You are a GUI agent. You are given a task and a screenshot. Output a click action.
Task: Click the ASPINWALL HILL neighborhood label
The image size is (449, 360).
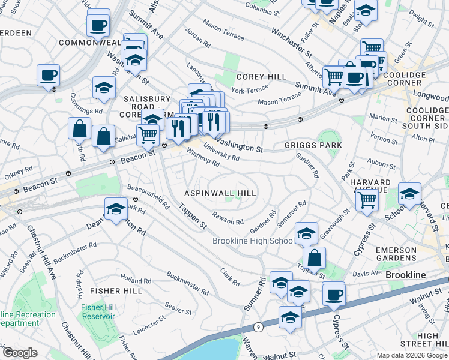tap(220, 193)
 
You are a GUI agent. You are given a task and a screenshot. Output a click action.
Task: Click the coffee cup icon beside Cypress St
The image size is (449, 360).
tap(334, 294)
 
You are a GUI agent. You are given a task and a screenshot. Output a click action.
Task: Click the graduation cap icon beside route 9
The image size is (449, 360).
tap(290, 317)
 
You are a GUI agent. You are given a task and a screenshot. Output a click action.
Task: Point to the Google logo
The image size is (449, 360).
tap(20, 353)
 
